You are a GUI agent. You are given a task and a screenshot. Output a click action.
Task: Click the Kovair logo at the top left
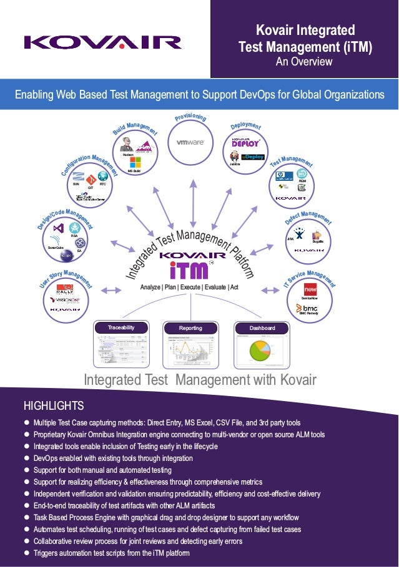[x=103, y=42]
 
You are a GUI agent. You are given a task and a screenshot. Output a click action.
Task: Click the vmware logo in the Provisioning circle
[x=190, y=142]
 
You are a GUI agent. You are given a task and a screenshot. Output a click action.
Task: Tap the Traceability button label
[x=121, y=327]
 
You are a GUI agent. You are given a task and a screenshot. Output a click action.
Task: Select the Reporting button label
[x=190, y=327]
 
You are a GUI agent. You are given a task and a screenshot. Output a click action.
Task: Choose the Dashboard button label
[x=261, y=327]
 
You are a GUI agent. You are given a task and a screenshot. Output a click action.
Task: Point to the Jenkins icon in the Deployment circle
[x=235, y=156]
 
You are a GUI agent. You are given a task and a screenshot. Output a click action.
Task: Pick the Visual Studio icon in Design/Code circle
[x=59, y=228]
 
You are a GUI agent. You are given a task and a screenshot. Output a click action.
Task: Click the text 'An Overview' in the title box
[x=305, y=62]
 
